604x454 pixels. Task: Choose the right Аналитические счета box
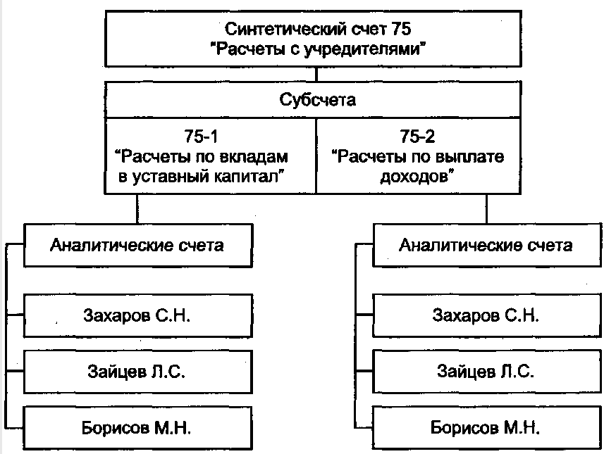tap(486, 246)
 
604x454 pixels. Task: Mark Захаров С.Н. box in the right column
tap(486, 314)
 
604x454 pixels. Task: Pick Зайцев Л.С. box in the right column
tap(486, 371)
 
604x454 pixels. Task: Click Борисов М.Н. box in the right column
tap(486, 427)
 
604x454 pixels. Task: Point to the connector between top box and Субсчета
tap(317, 73)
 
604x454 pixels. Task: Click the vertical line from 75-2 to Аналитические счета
tap(486, 209)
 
